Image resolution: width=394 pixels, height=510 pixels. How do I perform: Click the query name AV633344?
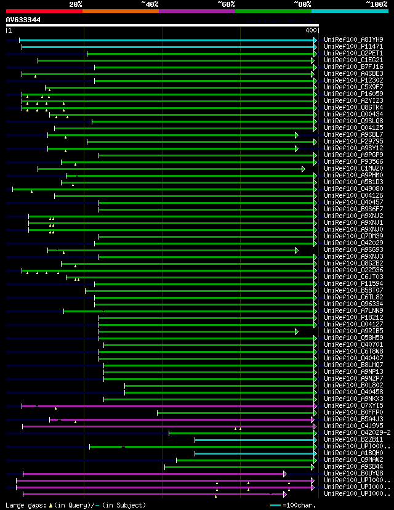(x=23, y=20)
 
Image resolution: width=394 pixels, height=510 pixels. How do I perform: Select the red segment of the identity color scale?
(x=44, y=10)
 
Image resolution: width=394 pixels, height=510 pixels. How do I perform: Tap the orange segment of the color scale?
(x=120, y=10)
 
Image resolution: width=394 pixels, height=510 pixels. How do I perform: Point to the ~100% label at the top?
(x=376, y=4)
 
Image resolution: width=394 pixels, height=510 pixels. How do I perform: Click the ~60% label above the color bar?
(x=226, y=4)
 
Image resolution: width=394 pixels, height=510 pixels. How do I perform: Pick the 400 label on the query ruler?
(x=310, y=30)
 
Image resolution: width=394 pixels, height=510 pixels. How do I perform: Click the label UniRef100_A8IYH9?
(x=353, y=40)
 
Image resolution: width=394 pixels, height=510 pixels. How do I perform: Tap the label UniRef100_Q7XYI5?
(x=353, y=406)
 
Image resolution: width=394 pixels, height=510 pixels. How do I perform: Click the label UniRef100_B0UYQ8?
(x=353, y=474)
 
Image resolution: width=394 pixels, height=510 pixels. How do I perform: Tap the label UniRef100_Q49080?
(x=353, y=189)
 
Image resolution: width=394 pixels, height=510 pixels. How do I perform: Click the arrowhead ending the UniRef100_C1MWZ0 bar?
(x=304, y=169)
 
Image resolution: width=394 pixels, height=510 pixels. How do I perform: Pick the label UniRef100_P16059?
(x=353, y=94)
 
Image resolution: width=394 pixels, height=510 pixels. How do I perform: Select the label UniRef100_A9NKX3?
(x=353, y=399)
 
